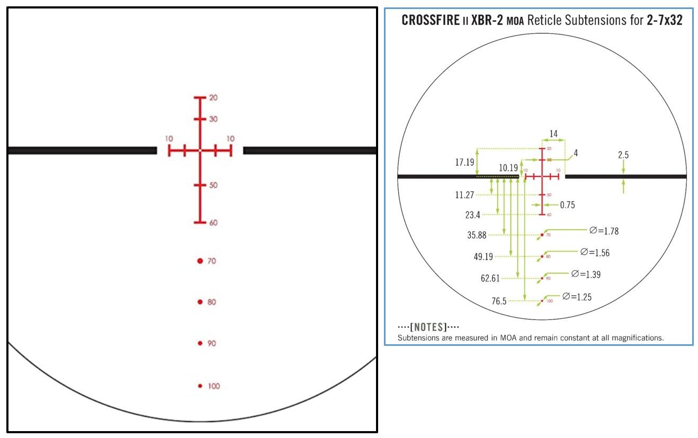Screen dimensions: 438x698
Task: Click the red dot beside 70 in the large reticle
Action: tap(200, 261)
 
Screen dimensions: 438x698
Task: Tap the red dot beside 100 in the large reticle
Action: tap(200, 386)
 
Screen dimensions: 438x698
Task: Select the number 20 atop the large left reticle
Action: tap(213, 98)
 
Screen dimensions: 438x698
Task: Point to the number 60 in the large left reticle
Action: tap(213, 223)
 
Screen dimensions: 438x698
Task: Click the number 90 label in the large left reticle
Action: tap(212, 344)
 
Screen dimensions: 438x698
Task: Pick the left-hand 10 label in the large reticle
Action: tap(169, 139)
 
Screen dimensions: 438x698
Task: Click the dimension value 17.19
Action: tap(464, 163)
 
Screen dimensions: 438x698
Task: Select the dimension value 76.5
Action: tap(499, 301)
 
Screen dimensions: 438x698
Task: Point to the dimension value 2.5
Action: tap(623, 155)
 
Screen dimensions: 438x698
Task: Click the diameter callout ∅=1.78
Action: tap(604, 231)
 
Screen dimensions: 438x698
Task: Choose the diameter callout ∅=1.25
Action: tap(577, 297)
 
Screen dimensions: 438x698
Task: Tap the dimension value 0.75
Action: tap(567, 205)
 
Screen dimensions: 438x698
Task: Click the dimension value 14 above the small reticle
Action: tap(553, 134)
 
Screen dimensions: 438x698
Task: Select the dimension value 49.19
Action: tap(483, 257)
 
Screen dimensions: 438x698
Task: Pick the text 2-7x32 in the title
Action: tap(665, 21)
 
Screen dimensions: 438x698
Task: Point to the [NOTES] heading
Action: tap(428, 327)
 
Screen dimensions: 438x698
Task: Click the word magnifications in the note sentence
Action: tap(640, 337)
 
